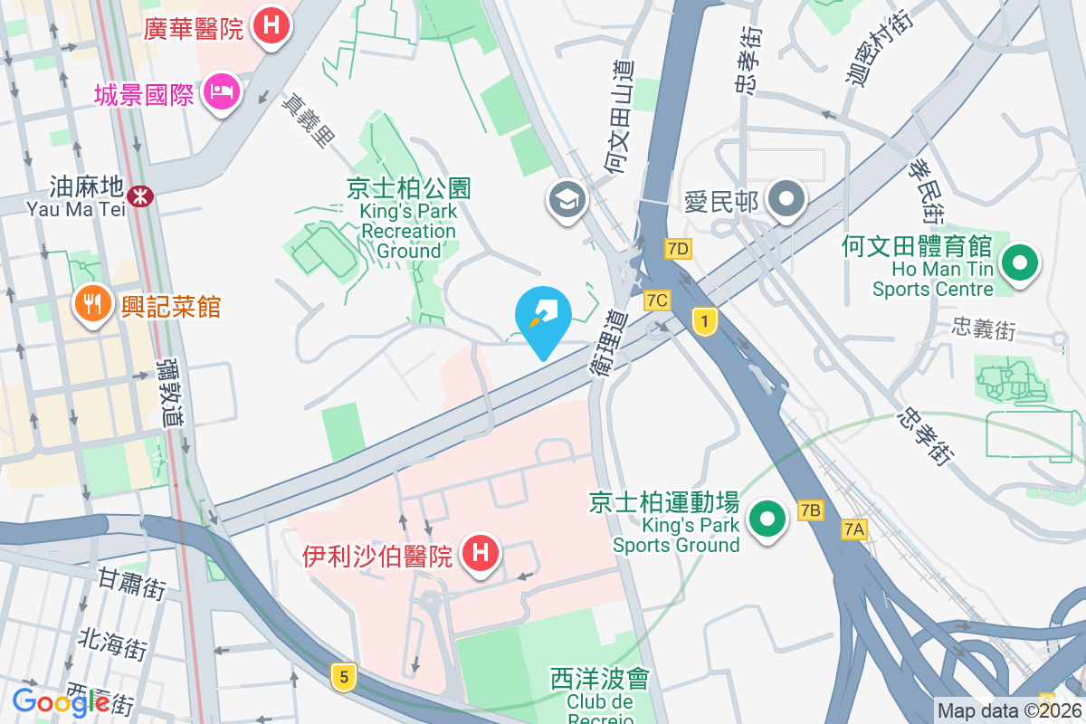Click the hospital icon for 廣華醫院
tap(270, 26)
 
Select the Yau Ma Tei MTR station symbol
tap(140, 195)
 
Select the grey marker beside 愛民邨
tap(786, 198)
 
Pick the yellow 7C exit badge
tap(657, 300)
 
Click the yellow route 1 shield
tap(704, 319)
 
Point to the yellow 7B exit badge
tap(810, 511)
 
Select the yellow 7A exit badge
tap(853, 529)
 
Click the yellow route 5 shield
tap(341, 675)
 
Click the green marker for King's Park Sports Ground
tap(769, 520)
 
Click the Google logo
tap(61, 702)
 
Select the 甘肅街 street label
tap(132, 585)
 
